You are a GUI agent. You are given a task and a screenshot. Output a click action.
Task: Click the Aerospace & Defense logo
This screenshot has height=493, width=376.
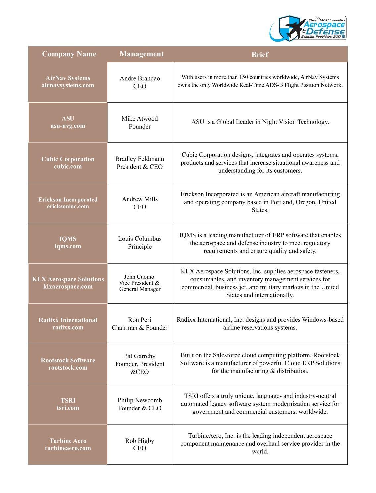click(x=308, y=28)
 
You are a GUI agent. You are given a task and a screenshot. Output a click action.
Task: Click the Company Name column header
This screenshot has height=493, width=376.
click(x=69, y=54)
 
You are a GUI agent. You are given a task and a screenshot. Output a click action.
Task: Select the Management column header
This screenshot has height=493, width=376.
click(x=142, y=54)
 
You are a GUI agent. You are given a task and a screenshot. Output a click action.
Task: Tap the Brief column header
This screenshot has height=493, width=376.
click(x=260, y=55)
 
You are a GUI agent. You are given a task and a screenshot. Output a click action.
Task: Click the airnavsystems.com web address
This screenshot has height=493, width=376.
click(x=68, y=85)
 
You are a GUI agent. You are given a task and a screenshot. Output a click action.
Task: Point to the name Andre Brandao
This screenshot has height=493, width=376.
click(x=140, y=78)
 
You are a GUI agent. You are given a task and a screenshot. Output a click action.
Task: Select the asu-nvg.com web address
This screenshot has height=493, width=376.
click(x=68, y=126)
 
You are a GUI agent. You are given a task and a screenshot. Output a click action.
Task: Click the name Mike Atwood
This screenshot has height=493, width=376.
click(x=140, y=119)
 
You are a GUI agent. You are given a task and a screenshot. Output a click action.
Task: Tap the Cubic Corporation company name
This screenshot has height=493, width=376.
click(x=68, y=159)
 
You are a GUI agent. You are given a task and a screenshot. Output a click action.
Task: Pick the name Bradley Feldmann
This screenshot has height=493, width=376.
click(x=140, y=159)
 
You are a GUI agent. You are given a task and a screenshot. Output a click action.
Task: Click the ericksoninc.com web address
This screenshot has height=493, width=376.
click(x=68, y=206)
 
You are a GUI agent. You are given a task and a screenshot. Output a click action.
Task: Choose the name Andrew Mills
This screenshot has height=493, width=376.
click(x=140, y=199)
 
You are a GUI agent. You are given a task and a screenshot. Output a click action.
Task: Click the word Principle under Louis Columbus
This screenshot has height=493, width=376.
click(x=140, y=247)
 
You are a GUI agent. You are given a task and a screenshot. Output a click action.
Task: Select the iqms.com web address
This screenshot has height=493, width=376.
click(x=68, y=246)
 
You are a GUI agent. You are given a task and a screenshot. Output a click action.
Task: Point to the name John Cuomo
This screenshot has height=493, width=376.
click(x=139, y=277)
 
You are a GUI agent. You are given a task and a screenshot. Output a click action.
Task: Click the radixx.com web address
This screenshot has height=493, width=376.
click(x=68, y=327)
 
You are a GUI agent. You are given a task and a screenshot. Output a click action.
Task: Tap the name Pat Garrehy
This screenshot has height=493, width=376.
click(x=140, y=356)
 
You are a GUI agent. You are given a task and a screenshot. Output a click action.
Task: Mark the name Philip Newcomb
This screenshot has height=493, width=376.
click(x=140, y=400)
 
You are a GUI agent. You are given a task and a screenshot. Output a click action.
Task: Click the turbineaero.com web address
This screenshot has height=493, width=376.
click(x=68, y=448)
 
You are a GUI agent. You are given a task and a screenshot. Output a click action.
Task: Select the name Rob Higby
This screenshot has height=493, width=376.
click(x=140, y=441)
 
